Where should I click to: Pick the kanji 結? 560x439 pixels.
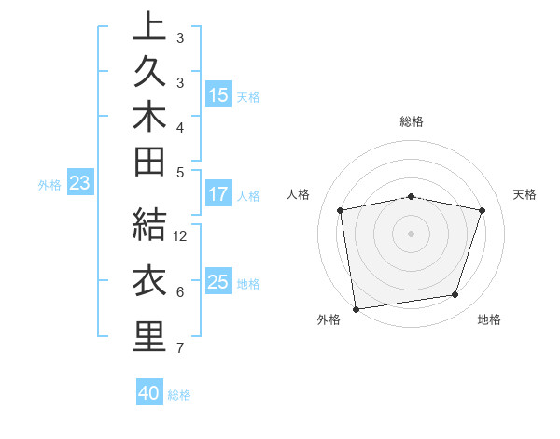pyautogui.click(x=149, y=224)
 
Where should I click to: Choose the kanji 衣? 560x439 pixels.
pyautogui.click(x=149, y=281)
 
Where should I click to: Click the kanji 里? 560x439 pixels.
pyautogui.click(x=149, y=336)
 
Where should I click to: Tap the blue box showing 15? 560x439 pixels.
pyautogui.click(x=218, y=94)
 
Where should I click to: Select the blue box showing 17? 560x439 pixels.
pyautogui.click(x=218, y=195)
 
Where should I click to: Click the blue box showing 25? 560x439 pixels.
pyautogui.click(x=218, y=282)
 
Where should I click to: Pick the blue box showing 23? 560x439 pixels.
pyautogui.click(x=79, y=184)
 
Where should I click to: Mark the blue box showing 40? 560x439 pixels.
pyautogui.click(x=149, y=393)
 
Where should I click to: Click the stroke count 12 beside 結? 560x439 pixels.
pyautogui.click(x=181, y=236)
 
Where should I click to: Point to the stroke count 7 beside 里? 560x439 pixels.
pyautogui.click(x=179, y=348)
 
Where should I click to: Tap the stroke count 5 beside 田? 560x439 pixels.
pyautogui.click(x=179, y=172)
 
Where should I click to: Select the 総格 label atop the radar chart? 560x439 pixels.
pyautogui.click(x=412, y=121)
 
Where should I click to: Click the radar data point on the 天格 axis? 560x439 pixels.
pyautogui.click(x=483, y=210)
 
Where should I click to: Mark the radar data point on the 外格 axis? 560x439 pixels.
pyautogui.click(x=356, y=308)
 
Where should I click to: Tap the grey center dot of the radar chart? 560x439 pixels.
pyautogui.click(x=412, y=233)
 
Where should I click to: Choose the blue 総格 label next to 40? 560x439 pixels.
pyautogui.click(x=179, y=395)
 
